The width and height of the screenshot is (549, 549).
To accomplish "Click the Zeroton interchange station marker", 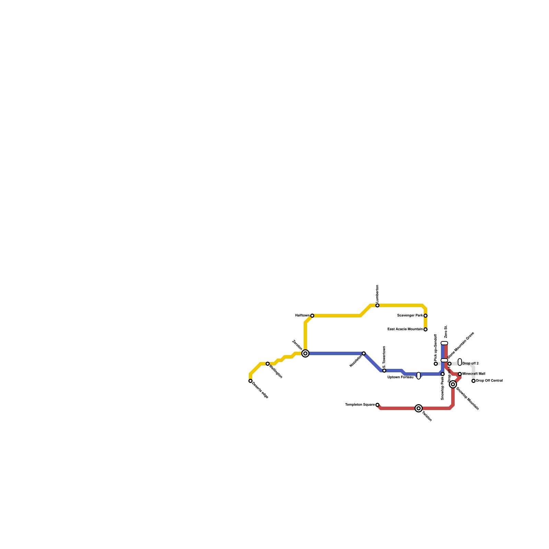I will tap(305, 353).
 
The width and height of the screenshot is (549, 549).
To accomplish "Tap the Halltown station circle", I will tap(312, 316).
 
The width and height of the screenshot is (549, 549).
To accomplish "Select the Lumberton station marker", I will tap(377, 305).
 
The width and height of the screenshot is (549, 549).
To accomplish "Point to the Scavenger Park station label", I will tap(410, 315).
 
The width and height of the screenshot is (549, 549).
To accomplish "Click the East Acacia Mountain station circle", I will tap(425, 329).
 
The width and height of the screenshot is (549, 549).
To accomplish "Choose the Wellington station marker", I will tap(268, 364).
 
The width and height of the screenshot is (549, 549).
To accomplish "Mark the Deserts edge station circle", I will tap(250, 381).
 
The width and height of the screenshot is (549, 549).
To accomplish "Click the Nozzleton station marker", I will tap(364, 353).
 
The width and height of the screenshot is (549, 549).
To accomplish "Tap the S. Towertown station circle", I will tap(384, 371).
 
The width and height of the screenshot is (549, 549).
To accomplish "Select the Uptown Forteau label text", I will tap(400, 377).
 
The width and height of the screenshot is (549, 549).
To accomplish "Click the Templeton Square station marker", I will tap(377, 405).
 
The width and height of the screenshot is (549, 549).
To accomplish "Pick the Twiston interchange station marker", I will tap(419, 408).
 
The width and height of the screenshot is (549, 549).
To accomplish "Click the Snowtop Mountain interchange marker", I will tap(453, 384).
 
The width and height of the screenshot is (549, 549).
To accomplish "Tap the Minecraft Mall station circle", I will tap(460, 374).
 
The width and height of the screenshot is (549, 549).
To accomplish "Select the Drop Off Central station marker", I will tap(474, 381).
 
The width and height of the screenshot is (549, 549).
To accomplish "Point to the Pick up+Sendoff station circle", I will tap(436, 364).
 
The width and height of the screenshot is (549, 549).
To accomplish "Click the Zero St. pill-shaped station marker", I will tap(444, 343).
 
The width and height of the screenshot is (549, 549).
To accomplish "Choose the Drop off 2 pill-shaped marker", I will tap(460, 362).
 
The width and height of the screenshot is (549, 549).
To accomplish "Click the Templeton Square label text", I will tap(360, 405).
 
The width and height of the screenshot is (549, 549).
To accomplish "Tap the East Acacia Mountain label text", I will tap(405, 329).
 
